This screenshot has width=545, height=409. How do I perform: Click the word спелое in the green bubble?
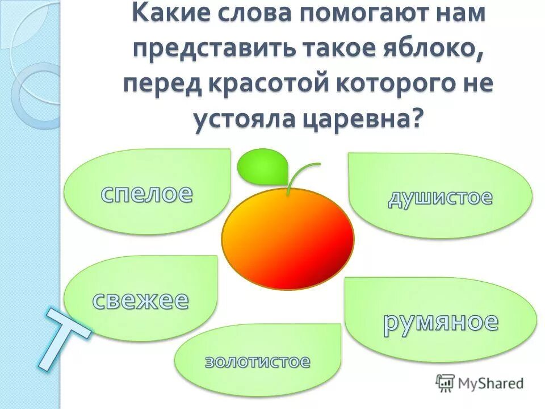tap(147, 194)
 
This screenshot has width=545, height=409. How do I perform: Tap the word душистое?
tap(441, 198)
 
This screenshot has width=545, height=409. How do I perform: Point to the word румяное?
tap(441, 322)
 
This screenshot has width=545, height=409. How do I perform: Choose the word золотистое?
tap(258, 361)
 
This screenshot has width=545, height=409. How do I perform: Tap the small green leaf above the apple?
tap(262, 165)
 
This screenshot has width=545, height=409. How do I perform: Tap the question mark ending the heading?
tap(417, 118)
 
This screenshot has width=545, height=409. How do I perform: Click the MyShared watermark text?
tap(491, 383)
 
